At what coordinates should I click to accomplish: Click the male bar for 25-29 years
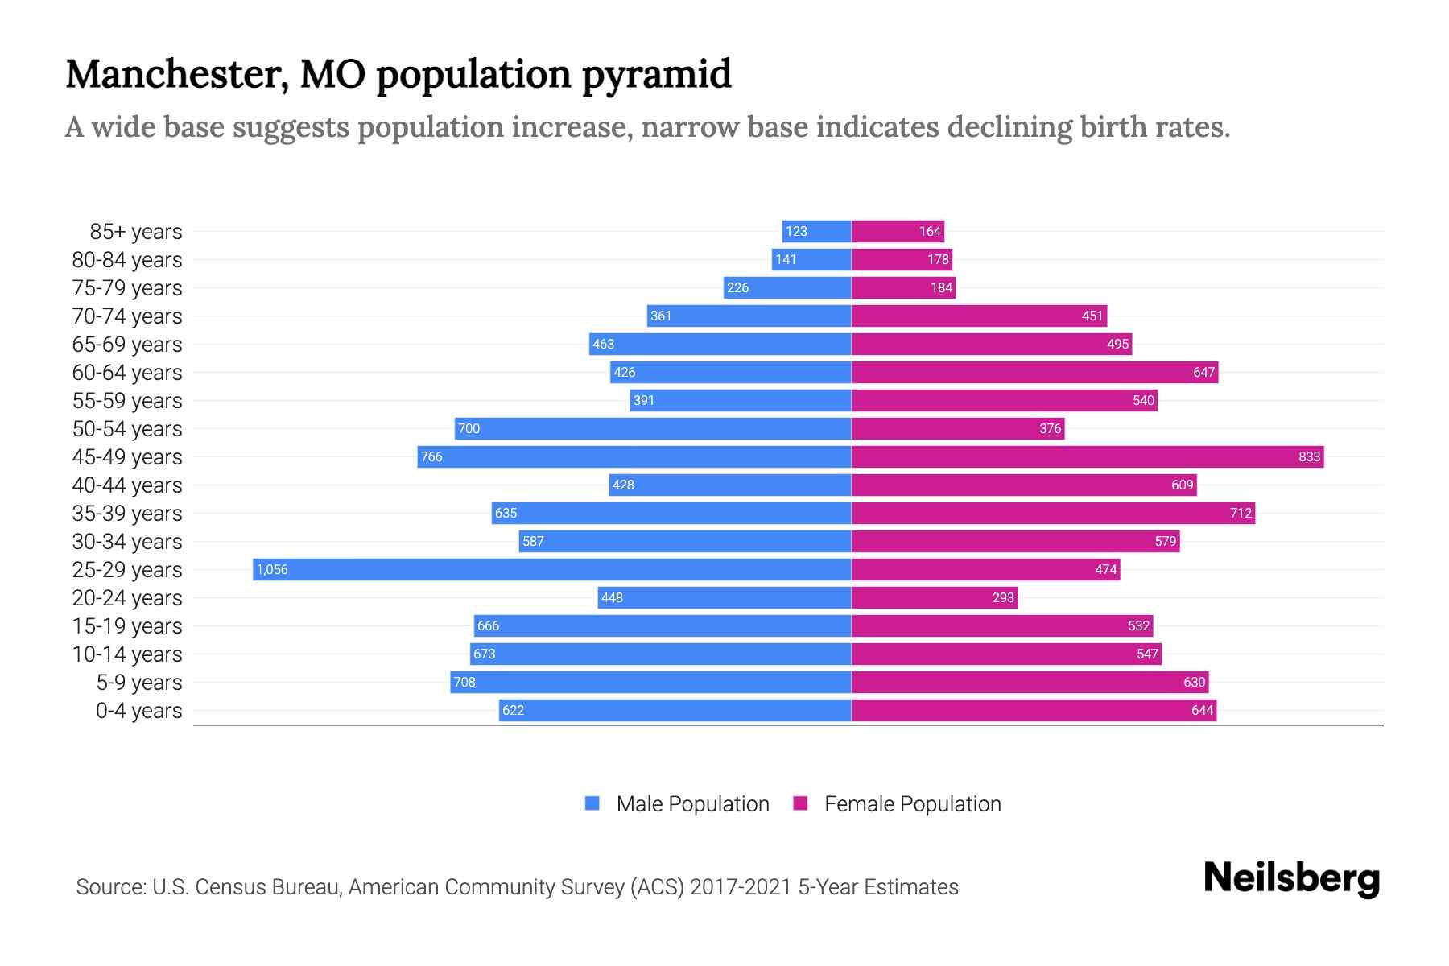point(552,569)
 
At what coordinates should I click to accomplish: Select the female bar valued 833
point(1087,456)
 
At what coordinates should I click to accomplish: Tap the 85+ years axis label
point(136,232)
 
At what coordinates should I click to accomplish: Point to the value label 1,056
point(272,569)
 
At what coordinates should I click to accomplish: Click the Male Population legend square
point(592,803)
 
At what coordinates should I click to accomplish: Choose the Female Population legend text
point(912,804)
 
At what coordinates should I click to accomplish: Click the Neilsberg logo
point(1291,878)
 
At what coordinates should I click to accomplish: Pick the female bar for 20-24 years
point(934,597)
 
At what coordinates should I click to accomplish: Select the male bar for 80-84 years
point(811,259)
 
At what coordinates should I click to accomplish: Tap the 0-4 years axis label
point(138,711)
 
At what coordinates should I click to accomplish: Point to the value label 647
point(1203,372)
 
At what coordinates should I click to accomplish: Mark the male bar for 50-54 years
point(653,428)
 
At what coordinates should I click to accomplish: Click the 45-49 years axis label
point(127,457)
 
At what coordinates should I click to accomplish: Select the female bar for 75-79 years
point(903,287)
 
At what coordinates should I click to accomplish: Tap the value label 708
point(464,682)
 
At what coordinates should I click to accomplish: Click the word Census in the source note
point(229,887)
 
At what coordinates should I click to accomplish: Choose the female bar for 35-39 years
point(1053,513)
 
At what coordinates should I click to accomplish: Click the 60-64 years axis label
point(127,373)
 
